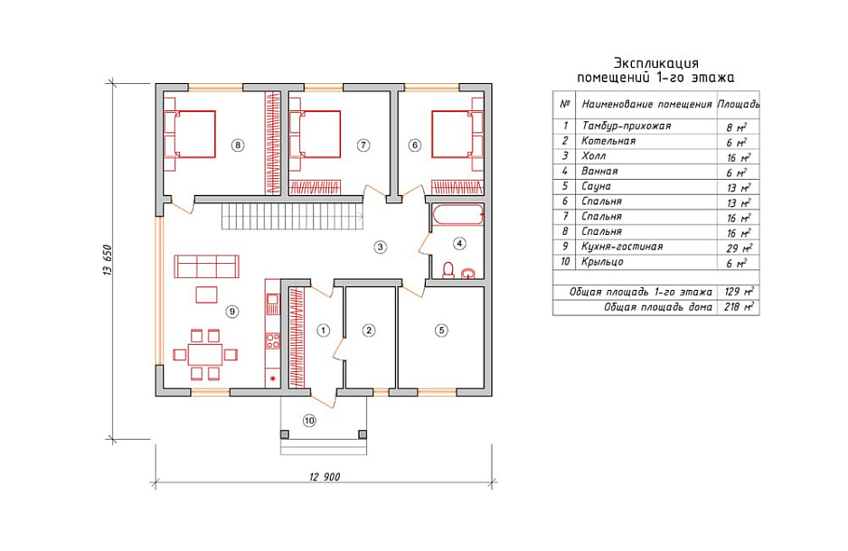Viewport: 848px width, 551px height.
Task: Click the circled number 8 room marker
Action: click(x=237, y=145)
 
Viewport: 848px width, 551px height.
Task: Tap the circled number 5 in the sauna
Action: click(x=441, y=330)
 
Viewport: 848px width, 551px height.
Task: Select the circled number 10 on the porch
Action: click(x=309, y=420)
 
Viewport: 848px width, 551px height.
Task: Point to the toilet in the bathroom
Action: click(x=448, y=269)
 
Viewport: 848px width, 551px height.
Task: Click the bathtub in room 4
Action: click(x=457, y=214)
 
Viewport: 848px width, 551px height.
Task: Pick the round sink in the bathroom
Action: click(x=468, y=273)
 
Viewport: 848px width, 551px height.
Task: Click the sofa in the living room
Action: click(x=207, y=266)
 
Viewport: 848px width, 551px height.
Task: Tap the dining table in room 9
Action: click(x=205, y=354)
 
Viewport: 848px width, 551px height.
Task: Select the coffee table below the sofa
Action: click(x=206, y=295)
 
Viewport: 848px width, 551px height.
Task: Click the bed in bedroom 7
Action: click(x=315, y=135)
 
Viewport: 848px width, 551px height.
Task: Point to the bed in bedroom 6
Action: click(x=457, y=135)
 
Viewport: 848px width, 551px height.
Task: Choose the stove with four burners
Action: click(x=273, y=341)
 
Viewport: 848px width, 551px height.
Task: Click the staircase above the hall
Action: click(x=292, y=217)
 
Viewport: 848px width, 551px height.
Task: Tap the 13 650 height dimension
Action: click(x=107, y=261)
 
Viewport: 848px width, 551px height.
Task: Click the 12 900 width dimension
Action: click(x=325, y=476)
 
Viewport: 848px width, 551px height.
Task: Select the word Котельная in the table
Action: click(x=608, y=141)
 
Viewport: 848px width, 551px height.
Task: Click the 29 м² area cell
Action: click(x=739, y=247)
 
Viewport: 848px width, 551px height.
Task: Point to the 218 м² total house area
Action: click(x=739, y=307)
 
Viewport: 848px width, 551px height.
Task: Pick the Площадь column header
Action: click(x=739, y=104)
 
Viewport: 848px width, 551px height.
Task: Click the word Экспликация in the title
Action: click(x=656, y=63)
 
